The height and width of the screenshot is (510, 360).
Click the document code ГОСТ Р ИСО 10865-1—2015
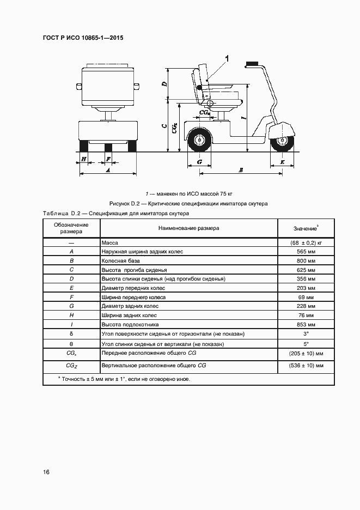(x=82, y=39)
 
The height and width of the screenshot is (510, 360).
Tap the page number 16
(x=46, y=471)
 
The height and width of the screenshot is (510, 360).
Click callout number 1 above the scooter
(x=227, y=58)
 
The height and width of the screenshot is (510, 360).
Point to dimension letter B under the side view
(x=241, y=170)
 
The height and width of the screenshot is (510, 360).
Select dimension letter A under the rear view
(x=107, y=170)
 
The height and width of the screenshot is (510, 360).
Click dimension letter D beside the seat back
(x=164, y=84)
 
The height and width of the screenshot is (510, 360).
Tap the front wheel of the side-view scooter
(x=283, y=142)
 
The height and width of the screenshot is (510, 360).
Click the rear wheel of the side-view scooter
(x=199, y=140)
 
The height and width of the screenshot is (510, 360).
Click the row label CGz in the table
(x=72, y=365)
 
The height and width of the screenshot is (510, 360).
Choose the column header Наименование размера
(x=189, y=228)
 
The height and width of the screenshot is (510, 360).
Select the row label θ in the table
(x=72, y=344)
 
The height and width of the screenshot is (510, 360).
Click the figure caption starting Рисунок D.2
(x=188, y=203)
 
